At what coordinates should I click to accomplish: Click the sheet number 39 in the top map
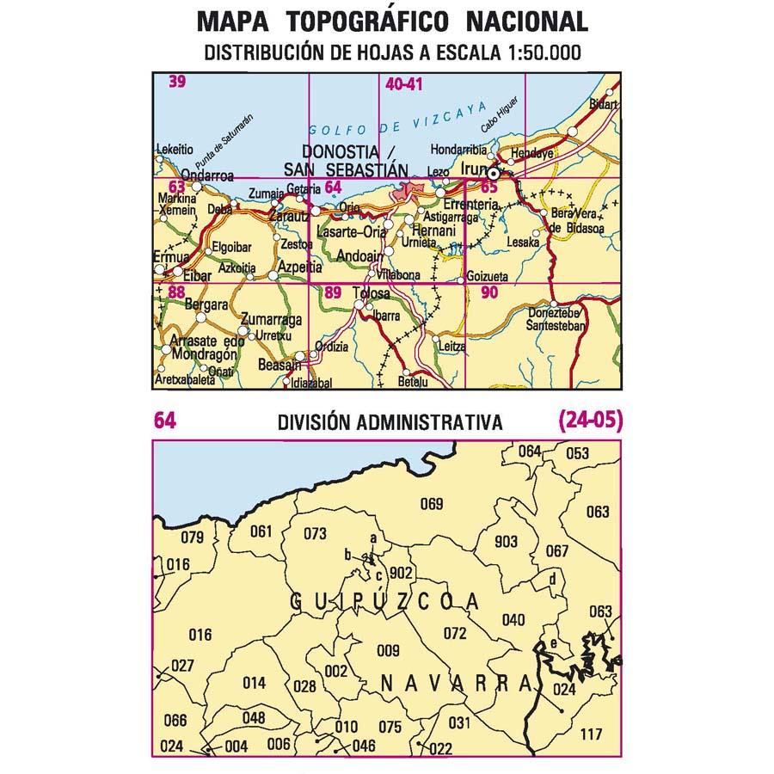point(178,83)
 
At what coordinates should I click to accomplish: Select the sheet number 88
point(176,292)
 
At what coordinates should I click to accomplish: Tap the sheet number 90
point(489,292)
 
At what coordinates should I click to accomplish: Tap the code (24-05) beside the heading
point(590,421)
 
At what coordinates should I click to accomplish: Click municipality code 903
point(507,541)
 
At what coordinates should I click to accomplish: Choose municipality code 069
point(431,504)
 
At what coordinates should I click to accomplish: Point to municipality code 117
point(592,734)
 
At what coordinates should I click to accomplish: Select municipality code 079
point(193,538)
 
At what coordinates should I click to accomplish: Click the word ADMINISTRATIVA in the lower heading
point(434,422)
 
